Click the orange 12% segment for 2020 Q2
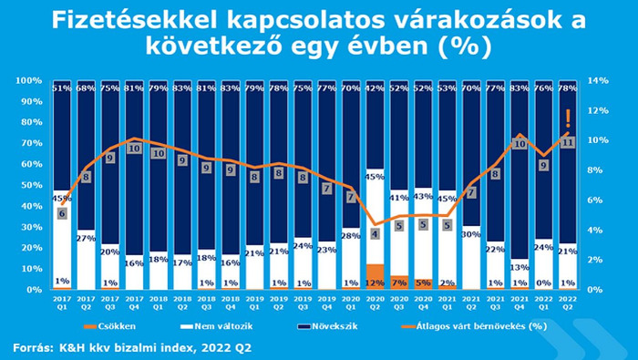click(375, 277)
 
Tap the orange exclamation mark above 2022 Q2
click(569, 118)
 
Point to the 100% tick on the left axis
click(29, 81)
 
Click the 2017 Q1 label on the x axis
click(61, 302)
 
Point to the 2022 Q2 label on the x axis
click(568, 302)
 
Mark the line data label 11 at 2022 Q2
click(568, 142)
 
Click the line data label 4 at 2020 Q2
click(375, 234)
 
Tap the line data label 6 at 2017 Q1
click(62, 213)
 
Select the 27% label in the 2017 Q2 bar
click(86, 238)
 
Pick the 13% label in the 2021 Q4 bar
click(520, 267)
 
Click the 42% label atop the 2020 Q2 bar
click(375, 88)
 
